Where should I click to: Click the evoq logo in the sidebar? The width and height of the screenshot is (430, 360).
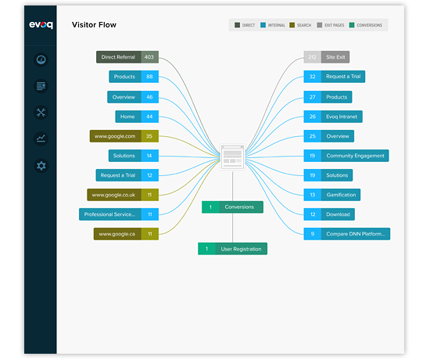41,25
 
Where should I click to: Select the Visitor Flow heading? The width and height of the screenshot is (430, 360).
93,25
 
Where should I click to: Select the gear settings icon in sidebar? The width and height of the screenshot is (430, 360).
41,165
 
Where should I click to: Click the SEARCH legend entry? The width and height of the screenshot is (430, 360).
299,25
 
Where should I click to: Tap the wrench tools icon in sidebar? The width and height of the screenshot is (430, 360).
41,112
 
